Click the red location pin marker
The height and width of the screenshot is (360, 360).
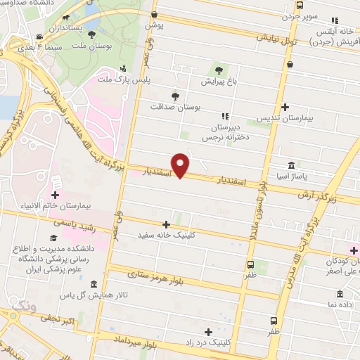click(x=181, y=166)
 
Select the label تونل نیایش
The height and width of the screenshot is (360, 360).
click(x=278, y=39)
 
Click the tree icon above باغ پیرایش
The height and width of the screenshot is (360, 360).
click(x=219, y=70)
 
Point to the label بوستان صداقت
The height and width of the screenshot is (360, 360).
click(x=175, y=108)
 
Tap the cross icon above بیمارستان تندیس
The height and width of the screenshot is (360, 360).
click(x=285, y=107)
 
